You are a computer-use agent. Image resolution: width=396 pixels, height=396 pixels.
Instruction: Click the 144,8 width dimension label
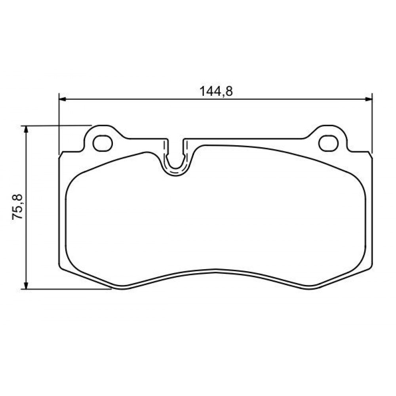216,91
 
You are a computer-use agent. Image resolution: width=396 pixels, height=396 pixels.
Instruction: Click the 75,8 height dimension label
17,207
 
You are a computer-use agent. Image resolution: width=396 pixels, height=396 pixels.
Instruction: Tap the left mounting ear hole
103,143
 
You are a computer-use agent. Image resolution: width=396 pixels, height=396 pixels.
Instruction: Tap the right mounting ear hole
328,143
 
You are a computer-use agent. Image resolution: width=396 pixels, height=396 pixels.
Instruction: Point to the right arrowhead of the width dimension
369,99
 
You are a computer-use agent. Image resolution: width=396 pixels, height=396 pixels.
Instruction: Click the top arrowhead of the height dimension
25,129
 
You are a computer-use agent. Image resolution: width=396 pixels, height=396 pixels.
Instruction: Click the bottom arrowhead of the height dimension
25,286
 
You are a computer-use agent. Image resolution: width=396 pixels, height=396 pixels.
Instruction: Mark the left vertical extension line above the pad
59,124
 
